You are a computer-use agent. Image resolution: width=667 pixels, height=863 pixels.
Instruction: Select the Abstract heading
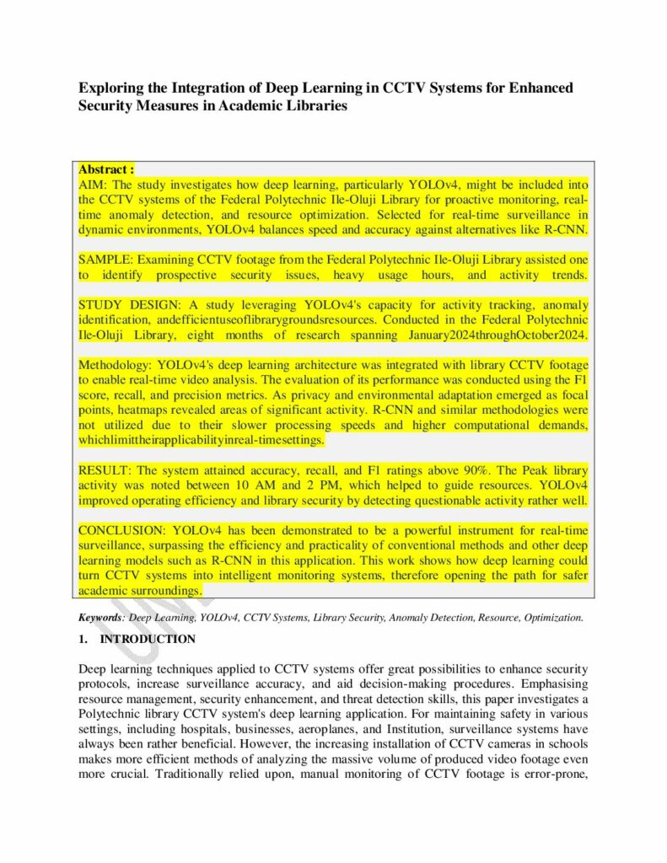[x=106, y=169]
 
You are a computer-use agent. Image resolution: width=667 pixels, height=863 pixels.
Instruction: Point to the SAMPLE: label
[x=105, y=260]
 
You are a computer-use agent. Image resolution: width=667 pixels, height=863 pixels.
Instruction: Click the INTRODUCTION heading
[x=148, y=640]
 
